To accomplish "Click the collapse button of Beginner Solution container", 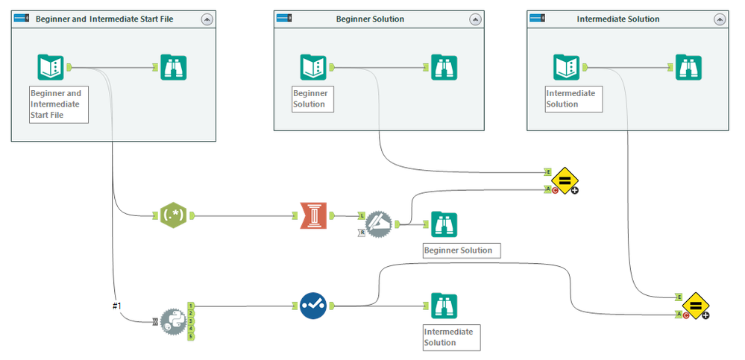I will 474,19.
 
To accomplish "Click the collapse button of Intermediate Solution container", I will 719,19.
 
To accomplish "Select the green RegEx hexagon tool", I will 173,216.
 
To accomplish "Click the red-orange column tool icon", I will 312,216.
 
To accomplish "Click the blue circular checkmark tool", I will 313,306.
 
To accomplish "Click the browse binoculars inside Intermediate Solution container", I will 688,67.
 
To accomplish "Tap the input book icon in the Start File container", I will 51,67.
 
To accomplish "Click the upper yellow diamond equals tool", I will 565,180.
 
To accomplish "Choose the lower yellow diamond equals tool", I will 695,306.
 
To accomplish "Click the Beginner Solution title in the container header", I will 370,19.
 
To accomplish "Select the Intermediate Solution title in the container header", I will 618,19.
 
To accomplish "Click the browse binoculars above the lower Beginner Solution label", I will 444,224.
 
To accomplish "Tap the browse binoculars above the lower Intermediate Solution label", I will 444,306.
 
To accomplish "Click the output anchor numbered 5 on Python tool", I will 191,337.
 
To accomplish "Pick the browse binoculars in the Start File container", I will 174,67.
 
